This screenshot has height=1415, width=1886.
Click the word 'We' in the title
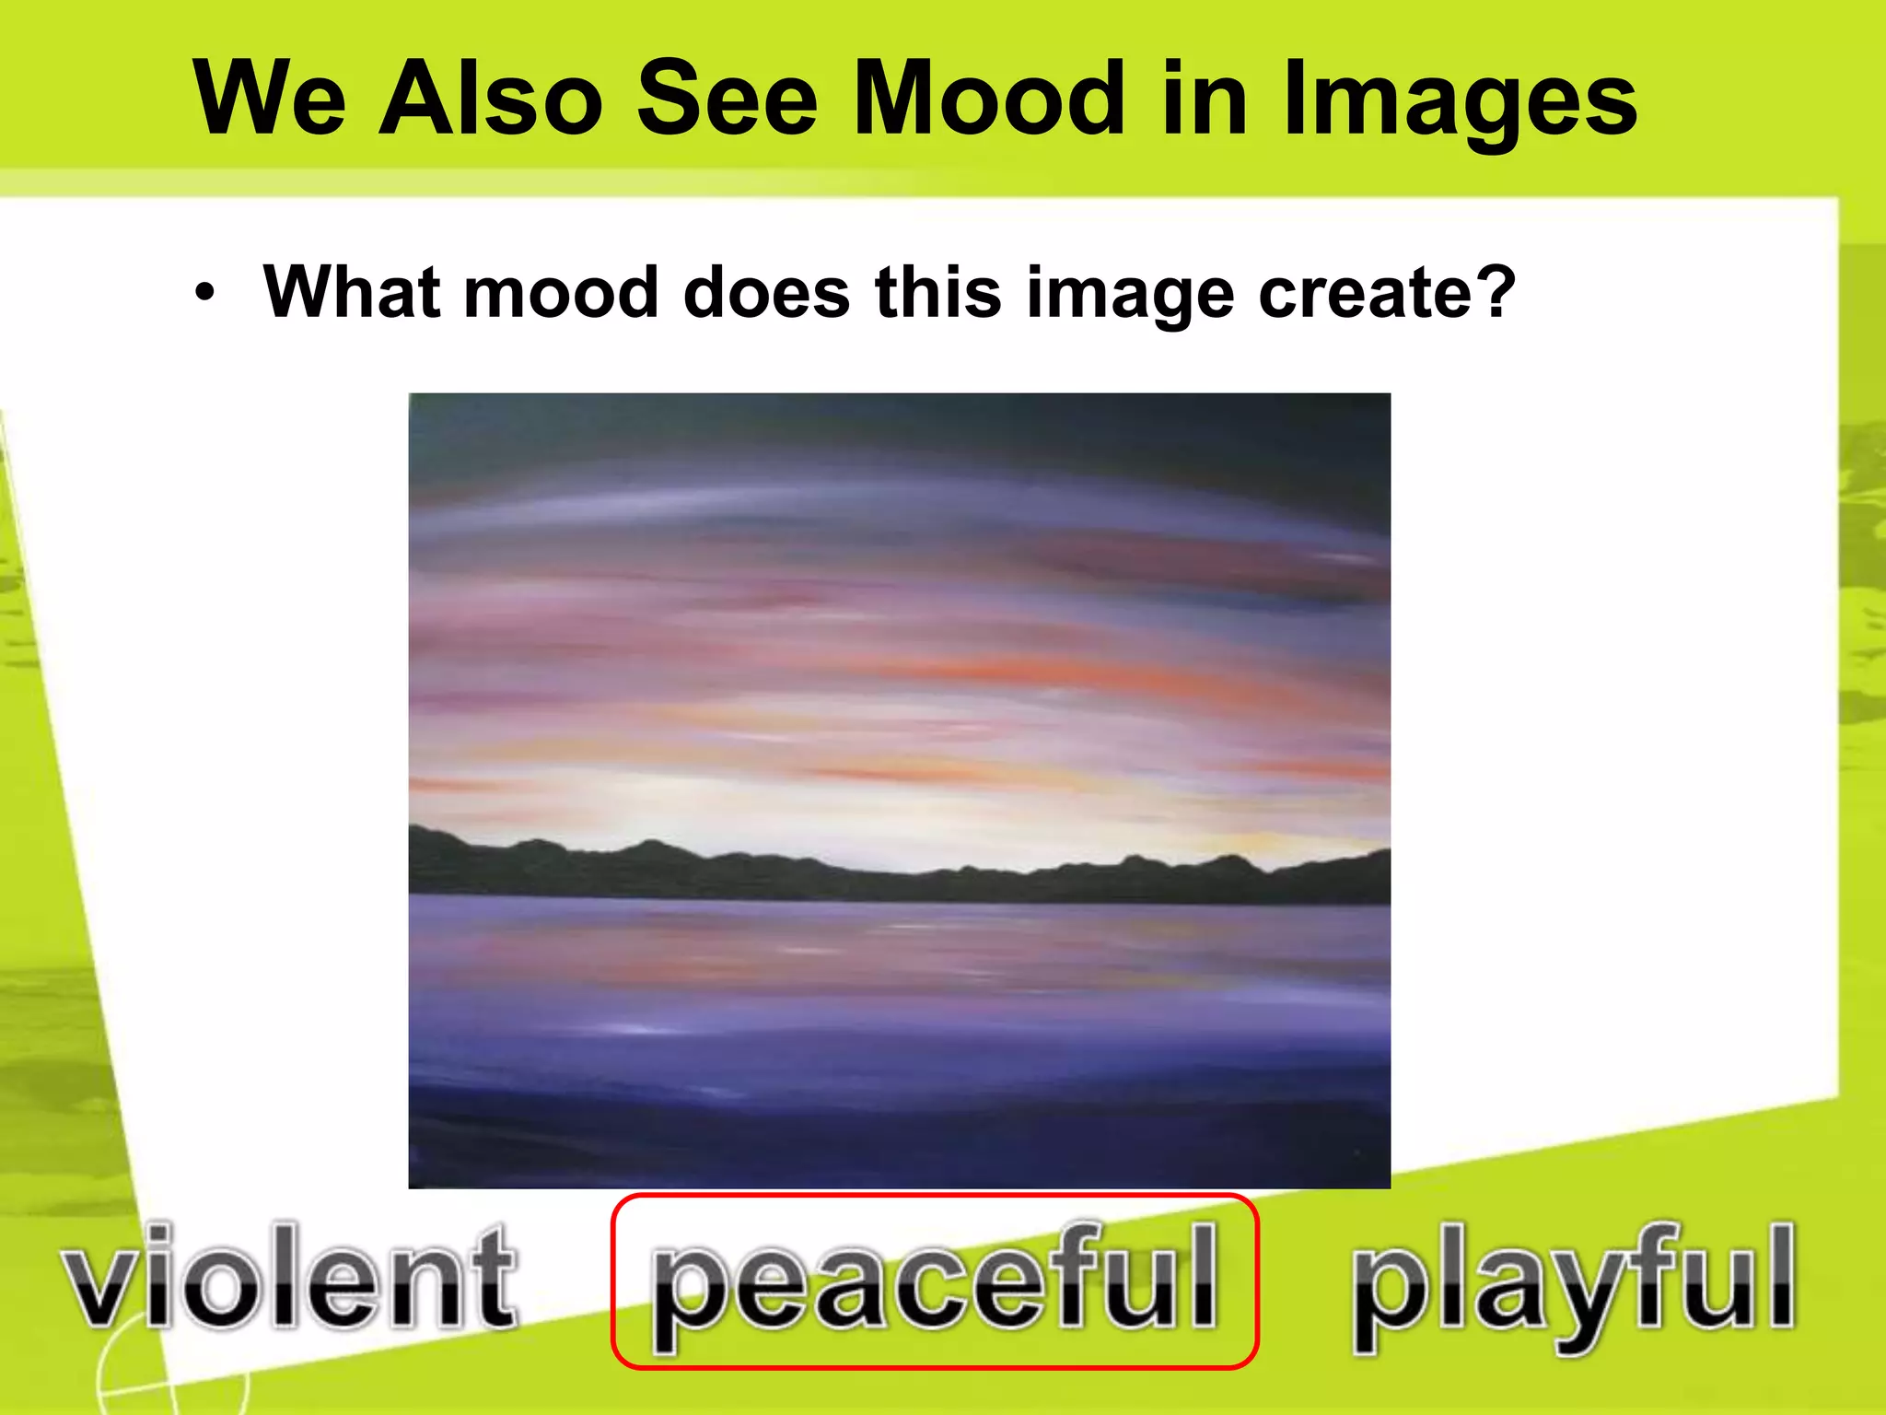(270, 99)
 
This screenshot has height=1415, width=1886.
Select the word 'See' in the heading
(727, 99)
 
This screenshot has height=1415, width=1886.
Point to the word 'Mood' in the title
(989, 99)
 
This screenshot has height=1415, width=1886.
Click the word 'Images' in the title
(1461, 101)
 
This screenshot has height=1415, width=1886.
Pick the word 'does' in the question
(767, 292)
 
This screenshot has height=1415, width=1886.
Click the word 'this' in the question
(938, 292)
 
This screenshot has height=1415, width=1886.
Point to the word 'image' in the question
(1129, 295)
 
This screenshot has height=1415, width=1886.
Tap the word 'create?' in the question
(1386, 292)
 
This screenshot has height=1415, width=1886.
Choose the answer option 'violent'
(290, 1278)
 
